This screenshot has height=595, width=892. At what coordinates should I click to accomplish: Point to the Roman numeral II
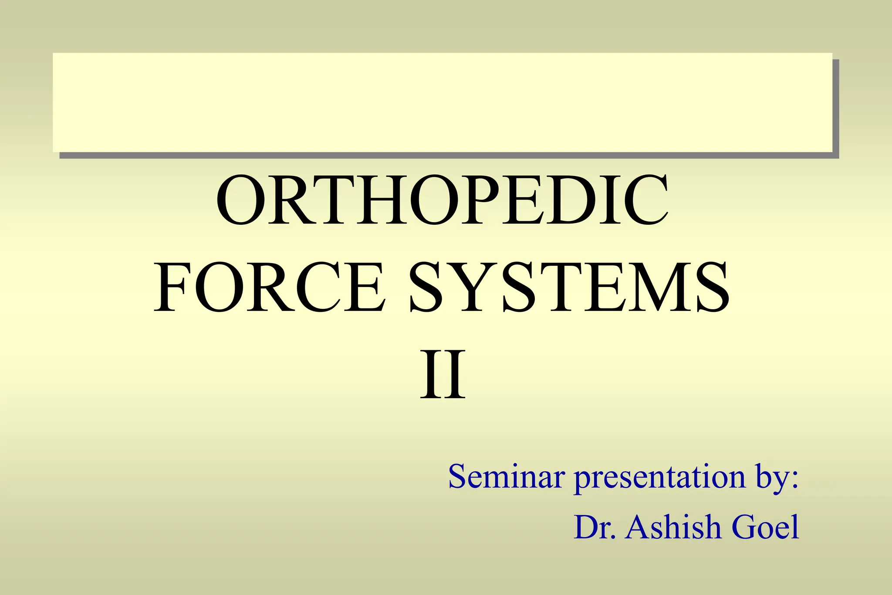(x=443, y=375)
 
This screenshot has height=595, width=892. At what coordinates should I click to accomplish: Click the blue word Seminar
(x=507, y=477)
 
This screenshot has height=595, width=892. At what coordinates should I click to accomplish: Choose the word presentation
(x=660, y=477)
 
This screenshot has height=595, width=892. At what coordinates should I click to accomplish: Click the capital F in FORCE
(x=172, y=287)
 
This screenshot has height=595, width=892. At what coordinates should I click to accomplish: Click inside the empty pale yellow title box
(x=443, y=102)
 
